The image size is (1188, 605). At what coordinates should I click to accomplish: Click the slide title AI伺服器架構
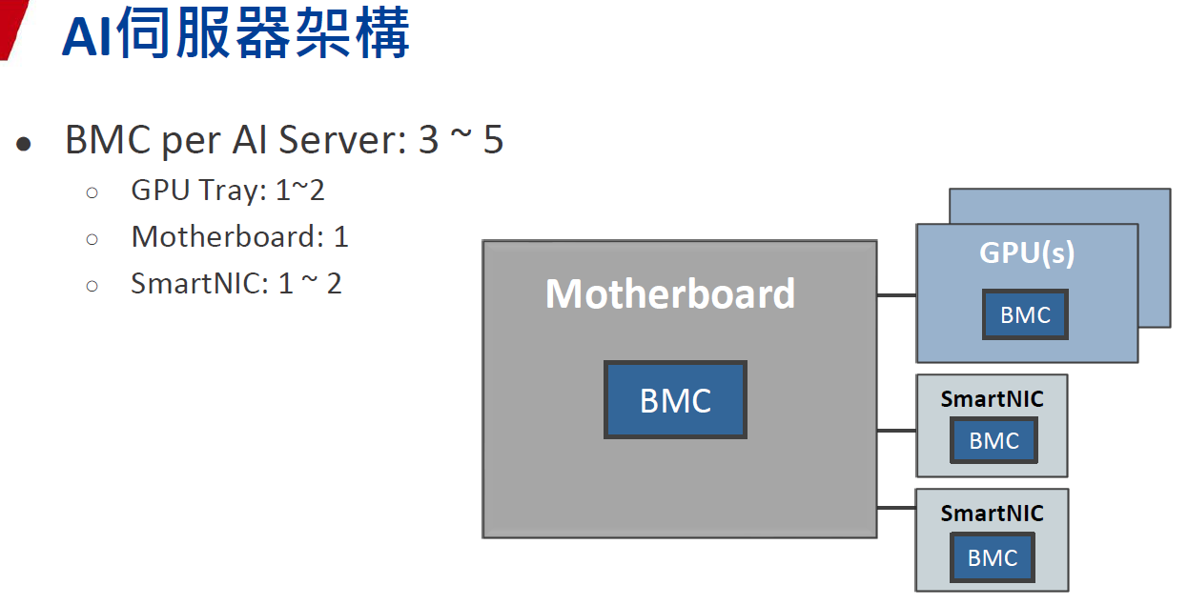[236, 34]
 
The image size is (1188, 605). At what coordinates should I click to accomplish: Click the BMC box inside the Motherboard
[675, 399]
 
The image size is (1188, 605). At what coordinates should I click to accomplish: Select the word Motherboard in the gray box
[670, 293]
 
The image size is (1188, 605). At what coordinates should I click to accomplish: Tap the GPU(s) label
[1026, 253]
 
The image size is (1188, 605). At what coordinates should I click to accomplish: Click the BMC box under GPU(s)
[1025, 315]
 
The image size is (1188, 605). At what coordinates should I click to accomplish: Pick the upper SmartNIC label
[992, 398]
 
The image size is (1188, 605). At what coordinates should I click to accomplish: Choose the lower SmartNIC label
[992, 513]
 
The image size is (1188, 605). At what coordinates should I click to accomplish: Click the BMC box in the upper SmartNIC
[993, 440]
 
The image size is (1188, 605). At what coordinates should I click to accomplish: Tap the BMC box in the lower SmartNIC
[993, 557]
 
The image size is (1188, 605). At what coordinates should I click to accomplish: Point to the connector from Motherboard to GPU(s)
[896, 295]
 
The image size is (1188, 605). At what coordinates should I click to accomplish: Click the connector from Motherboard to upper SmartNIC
[896, 431]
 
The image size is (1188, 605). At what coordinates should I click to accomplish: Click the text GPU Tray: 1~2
[228, 190]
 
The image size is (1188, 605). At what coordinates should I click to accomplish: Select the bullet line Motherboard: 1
[239, 236]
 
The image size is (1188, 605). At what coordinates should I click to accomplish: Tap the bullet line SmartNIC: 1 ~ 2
[236, 283]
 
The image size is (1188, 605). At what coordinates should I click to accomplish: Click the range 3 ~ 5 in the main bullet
[461, 140]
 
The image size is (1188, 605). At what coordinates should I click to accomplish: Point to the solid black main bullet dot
[24, 144]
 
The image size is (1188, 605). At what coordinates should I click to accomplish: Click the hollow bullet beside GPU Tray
[92, 192]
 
